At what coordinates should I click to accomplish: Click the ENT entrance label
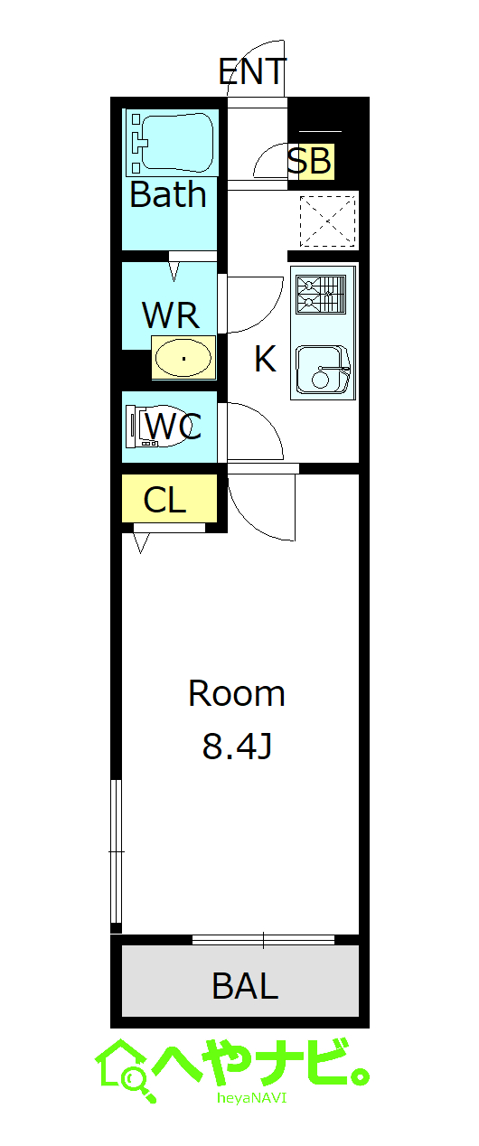tap(252, 71)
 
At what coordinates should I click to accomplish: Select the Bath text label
tap(168, 194)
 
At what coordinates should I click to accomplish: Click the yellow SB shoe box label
tap(311, 161)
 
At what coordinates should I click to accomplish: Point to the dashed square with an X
tap(327, 221)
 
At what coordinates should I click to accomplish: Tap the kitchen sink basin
tap(323, 369)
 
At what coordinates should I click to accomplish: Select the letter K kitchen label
tap(265, 359)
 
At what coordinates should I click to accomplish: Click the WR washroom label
tap(171, 315)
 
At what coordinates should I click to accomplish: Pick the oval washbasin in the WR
tap(183, 358)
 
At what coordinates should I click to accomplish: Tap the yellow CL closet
tap(169, 498)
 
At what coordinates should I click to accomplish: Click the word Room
tap(237, 694)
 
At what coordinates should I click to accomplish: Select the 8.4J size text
tap(237, 746)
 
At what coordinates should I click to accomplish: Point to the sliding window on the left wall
tap(117, 851)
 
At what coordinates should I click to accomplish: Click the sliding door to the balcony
tap(263, 940)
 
